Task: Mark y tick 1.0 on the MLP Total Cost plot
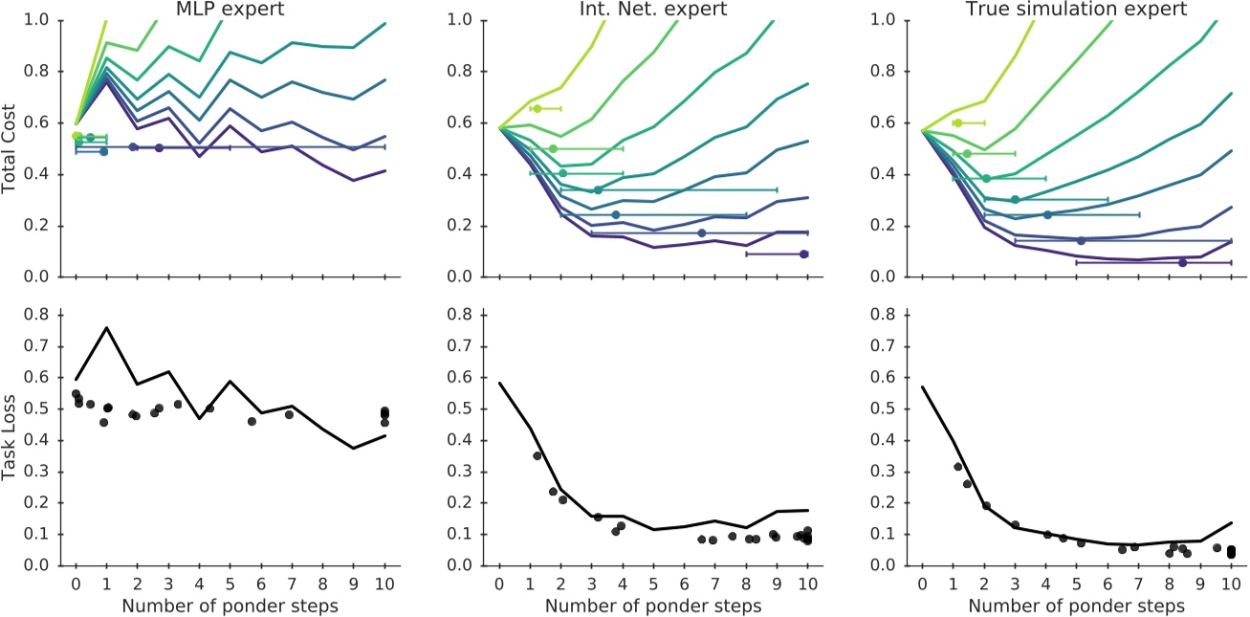click(44, 20)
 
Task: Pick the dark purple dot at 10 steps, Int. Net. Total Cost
click(804, 254)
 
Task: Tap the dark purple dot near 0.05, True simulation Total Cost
click(1182, 262)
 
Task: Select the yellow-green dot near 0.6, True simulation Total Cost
click(957, 122)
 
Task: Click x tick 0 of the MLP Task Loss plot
click(76, 584)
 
